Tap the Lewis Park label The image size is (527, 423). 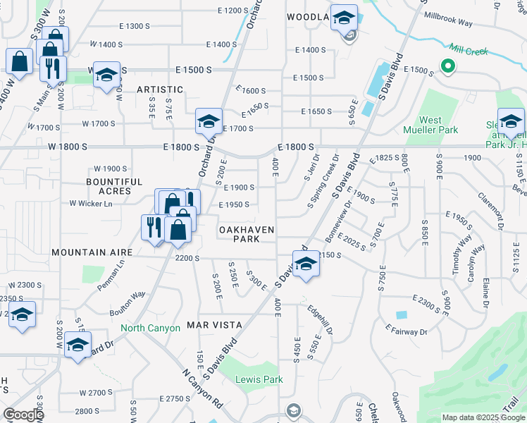tap(259, 379)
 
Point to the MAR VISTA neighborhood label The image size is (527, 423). tap(214, 325)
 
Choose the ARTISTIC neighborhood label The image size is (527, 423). tap(160, 90)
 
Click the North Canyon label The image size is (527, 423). tap(150, 328)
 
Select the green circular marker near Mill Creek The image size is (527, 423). tap(447, 67)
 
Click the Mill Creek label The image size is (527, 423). tap(468, 51)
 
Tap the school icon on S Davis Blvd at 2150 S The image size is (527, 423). tap(305, 264)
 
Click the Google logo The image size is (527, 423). tap(23, 415)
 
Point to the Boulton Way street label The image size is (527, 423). tap(127, 295)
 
